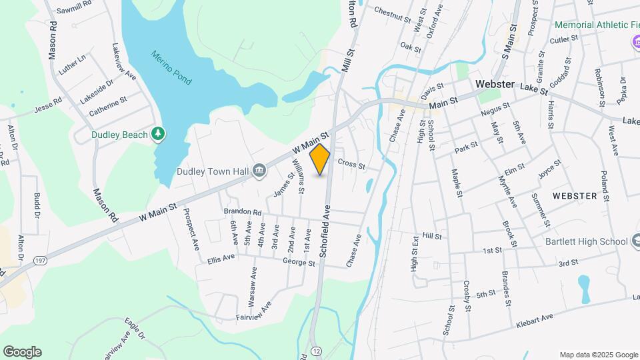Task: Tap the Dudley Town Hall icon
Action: click(259, 171)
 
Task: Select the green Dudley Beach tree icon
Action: click(158, 134)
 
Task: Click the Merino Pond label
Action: click(171, 67)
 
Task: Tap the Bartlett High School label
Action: click(587, 241)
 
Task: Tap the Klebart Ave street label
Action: click(535, 321)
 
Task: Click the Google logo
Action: click(22, 352)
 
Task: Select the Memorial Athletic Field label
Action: click(597, 25)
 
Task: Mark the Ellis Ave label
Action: click(221, 258)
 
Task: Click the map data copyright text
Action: click(598, 355)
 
